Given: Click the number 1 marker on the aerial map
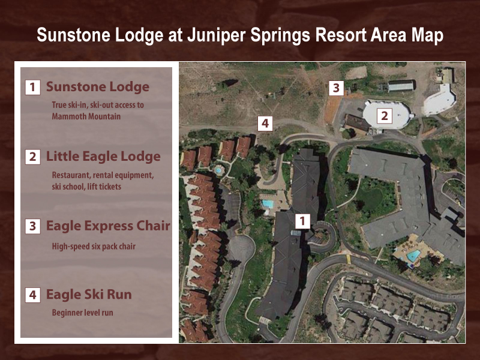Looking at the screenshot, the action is [302, 221].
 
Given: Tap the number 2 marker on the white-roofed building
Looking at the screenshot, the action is [385, 116].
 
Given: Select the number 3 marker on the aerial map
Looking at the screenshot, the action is [336, 88].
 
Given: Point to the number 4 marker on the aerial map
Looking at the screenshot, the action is [265, 124].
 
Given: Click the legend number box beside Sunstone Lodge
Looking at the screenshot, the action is [33, 87].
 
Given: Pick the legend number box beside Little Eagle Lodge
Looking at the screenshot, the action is [33, 157].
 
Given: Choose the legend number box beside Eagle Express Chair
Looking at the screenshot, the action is [33, 227].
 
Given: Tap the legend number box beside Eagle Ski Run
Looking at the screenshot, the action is [33, 295].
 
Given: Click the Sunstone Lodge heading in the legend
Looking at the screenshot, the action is [98, 86].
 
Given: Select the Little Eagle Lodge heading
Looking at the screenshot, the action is [103, 157].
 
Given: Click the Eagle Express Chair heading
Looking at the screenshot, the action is [108, 226].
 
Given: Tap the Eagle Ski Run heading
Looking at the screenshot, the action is [89, 295].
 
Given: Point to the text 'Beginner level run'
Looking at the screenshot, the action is [82, 313].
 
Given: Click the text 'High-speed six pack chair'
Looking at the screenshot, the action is [94, 247].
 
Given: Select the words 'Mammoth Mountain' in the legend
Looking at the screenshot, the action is [86, 116].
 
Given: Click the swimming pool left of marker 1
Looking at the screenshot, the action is [268, 203].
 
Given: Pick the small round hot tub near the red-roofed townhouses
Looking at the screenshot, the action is [218, 170].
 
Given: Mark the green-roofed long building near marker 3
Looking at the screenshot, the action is [401, 86].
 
